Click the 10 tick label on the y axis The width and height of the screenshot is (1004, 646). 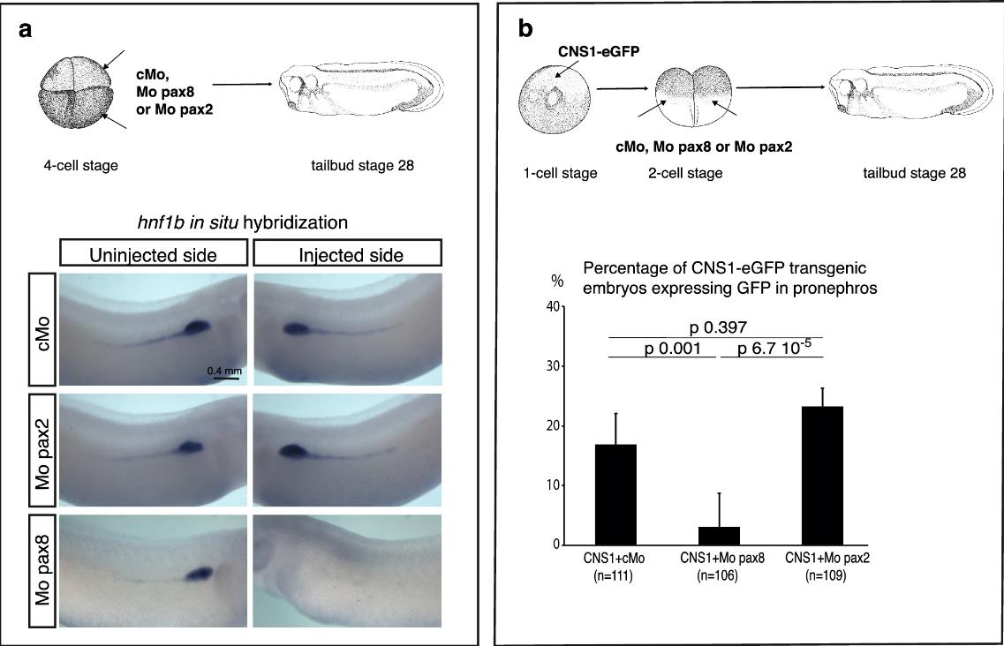[x=551, y=485]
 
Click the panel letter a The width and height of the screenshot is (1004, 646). [x=27, y=28]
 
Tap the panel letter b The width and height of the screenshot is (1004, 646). [x=525, y=28]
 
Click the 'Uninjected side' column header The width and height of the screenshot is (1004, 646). [x=154, y=255]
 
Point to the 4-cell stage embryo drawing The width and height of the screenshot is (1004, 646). [x=69, y=94]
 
